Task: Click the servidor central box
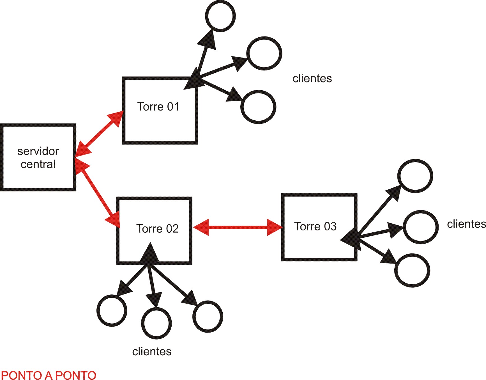pyautogui.click(x=38, y=157)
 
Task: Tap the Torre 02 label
pyautogui.click(x=157, y=229)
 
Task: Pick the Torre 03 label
pyautogui.click(x=315, y=226)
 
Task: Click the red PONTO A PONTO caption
pyautogui.click(x=49, y=375)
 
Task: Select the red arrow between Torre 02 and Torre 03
pyautogui.click(x=238, y=227)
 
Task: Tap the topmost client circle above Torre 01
pyautogui.click(x=220, y=16)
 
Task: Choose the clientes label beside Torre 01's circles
pyautogui.click(x=312, y=79)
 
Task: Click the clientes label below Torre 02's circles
pyautogui.click(x=152, y=351)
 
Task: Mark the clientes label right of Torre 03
pyautogui.click(x=466, y=224)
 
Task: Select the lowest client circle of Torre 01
pyautogui.click(x=258, y=107)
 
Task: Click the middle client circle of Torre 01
pyautogui.click(x=264, y=53)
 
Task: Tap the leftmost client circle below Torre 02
pyautogui.click(x=112, y=310)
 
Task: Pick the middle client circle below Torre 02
pyautogui.click(x=156, y=323)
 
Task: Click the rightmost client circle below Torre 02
pyautogui.click(x=208, y=317)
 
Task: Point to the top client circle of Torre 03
pyautogui.click(x=415, y=176)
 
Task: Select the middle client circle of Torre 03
pyautogui.click(x=421, y=227)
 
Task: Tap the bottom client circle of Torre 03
pyautogui.click(x=412, y=270)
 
